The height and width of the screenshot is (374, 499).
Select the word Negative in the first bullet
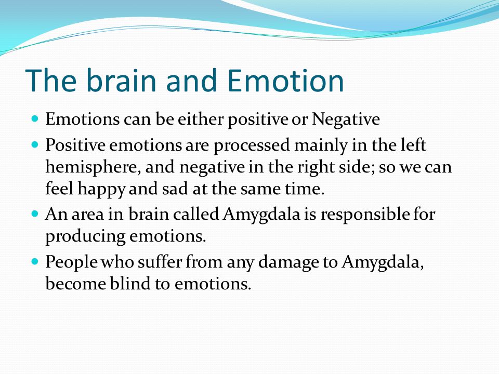346,119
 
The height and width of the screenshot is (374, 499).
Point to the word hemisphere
93,167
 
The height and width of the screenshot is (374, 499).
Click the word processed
252,145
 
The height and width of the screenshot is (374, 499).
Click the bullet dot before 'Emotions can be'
35,119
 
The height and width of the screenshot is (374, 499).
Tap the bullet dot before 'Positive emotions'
35,145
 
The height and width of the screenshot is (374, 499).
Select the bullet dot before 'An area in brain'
35,213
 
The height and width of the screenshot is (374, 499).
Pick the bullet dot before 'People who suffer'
35,262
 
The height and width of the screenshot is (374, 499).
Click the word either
201,119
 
